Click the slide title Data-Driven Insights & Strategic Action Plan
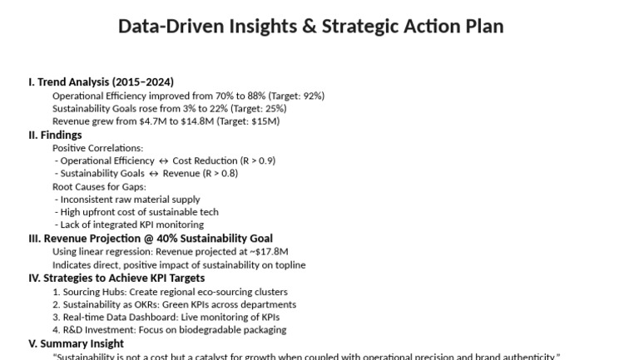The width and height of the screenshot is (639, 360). coord(310,27)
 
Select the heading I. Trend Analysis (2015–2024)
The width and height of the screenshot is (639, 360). coord(101,82)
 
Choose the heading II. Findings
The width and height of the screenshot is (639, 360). coord(55,135)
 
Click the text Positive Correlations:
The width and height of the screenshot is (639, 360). coord(97,148)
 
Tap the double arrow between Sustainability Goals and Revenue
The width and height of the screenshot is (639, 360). coord(153,174)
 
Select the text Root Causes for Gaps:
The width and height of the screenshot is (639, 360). coord(99,187)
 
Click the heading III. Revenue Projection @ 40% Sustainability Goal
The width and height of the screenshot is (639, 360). coord(151,239)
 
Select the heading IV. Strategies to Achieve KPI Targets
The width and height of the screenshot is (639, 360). coord(116,279)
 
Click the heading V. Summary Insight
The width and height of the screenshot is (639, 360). coord(76,344)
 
